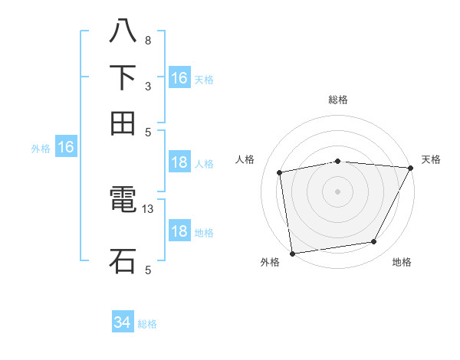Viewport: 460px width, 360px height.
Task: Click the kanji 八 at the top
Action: tap(123, 32)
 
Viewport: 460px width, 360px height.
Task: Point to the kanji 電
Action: tap(123, 201)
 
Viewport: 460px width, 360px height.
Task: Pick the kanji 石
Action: tap(123, 260)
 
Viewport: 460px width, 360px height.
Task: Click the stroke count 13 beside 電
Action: tap(148, 208)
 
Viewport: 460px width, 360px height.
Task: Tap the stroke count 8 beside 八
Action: tap(147, 40)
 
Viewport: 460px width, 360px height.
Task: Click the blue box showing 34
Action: tap(123, 322)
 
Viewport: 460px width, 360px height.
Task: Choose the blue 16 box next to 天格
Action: tap(179, 78)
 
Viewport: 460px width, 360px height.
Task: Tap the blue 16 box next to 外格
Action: tap(66, 147)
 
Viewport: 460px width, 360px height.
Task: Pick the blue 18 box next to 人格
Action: tap(179, 162)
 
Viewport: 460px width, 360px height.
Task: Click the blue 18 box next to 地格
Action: tap(179, 232)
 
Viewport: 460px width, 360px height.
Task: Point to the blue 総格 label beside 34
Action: tap(147, 324)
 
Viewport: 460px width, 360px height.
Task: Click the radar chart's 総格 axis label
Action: tap(338, 100)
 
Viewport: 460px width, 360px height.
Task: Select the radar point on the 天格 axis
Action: tap(409, 169)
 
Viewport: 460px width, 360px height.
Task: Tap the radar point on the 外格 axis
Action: tap(292, 253)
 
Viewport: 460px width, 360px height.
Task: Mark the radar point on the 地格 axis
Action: tap(374, 242)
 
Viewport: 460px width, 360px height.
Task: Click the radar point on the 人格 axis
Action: tap(280, 172)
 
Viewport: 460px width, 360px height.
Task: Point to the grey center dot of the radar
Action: tap(338, 191)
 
